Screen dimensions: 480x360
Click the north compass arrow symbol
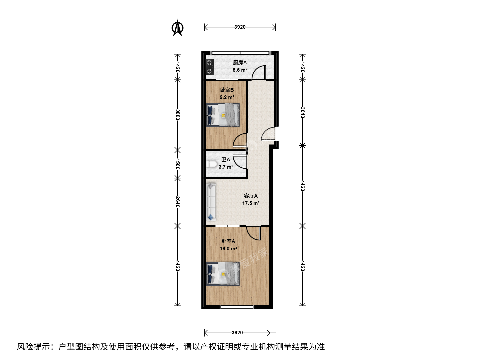(x=177, y=28)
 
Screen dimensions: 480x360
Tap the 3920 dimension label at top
(x=240, y=27)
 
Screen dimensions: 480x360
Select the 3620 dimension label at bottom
(x=237, y=333)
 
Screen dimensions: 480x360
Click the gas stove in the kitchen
(x=209, y=67)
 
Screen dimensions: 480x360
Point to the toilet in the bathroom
(x=212, y=164)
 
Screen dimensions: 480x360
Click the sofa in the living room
(x=211, y=202)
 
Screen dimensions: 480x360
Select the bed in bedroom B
(x=223, y=115)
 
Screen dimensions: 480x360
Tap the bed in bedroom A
(x=223, y=274)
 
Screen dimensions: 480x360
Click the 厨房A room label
(x=240, y=63)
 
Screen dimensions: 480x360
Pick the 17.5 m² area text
(x=251, y=203)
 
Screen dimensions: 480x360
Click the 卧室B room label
(x=227, y=90)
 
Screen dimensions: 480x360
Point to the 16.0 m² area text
(x=229, y=249)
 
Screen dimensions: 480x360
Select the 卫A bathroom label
(x=226, y=160)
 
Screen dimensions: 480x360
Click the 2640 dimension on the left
(x=178, y=202)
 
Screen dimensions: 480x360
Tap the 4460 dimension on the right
(x=302, y=186)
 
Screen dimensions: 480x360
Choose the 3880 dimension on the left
(x=178, y=115)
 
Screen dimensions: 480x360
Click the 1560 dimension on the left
(x=178, y=164)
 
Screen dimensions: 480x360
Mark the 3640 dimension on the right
(x=302, y=112)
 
